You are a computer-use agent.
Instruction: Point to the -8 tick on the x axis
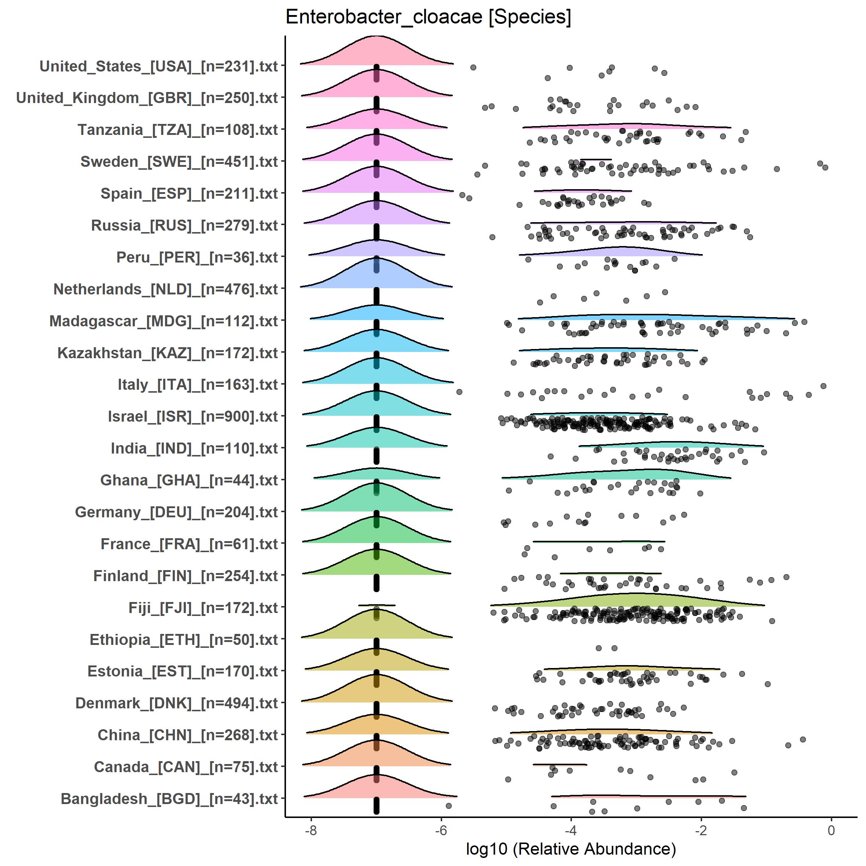coord(311,830)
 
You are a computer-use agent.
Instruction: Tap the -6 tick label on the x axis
coord(441,830)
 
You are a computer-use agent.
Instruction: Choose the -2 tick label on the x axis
coord(701,830)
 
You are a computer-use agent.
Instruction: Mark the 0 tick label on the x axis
coord(831,830)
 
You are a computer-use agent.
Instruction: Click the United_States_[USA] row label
coord(159,66)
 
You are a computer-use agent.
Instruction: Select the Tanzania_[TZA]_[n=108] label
coord(178,130)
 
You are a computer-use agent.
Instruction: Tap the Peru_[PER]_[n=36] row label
coord(197,258)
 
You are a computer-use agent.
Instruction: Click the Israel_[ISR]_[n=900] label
coord(193,417)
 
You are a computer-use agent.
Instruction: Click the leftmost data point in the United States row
coord(473,67)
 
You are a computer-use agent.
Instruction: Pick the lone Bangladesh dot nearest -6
coord(449,806)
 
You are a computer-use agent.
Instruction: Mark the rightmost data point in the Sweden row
coord(825,167)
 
